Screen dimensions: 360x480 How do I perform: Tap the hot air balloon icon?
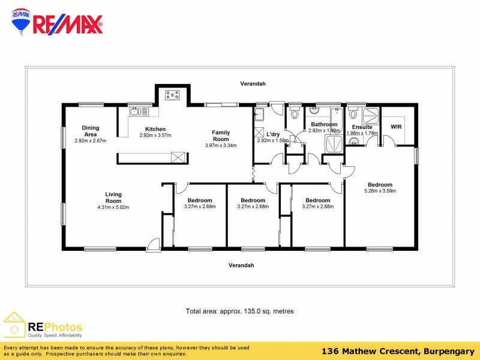coord(22,23)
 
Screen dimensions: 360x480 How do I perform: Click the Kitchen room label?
coord(155,129)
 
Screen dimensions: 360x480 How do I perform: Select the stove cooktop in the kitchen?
coord(173,94)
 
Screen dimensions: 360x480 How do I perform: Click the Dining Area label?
coord(91,131)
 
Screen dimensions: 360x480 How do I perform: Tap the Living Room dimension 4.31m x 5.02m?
coord(113,207)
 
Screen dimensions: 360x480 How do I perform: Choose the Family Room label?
coord(221,136)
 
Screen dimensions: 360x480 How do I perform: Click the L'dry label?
coord(273,134)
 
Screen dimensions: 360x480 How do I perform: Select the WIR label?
coord(396,127)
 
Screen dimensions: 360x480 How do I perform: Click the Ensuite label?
coord(362,127)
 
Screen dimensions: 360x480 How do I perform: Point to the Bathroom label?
coord(324,124)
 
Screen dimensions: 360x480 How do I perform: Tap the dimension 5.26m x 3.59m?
coord(380,191)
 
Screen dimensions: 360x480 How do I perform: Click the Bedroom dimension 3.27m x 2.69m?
coord(200,206)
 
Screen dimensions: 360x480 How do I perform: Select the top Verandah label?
coord(253,84)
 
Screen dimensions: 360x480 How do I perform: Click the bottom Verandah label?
coord(241,265)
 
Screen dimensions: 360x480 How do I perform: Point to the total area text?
coord(239,311)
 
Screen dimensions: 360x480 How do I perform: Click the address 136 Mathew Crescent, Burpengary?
coord(397,351)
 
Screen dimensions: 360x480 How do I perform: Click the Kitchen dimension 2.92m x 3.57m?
coord(155,135)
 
